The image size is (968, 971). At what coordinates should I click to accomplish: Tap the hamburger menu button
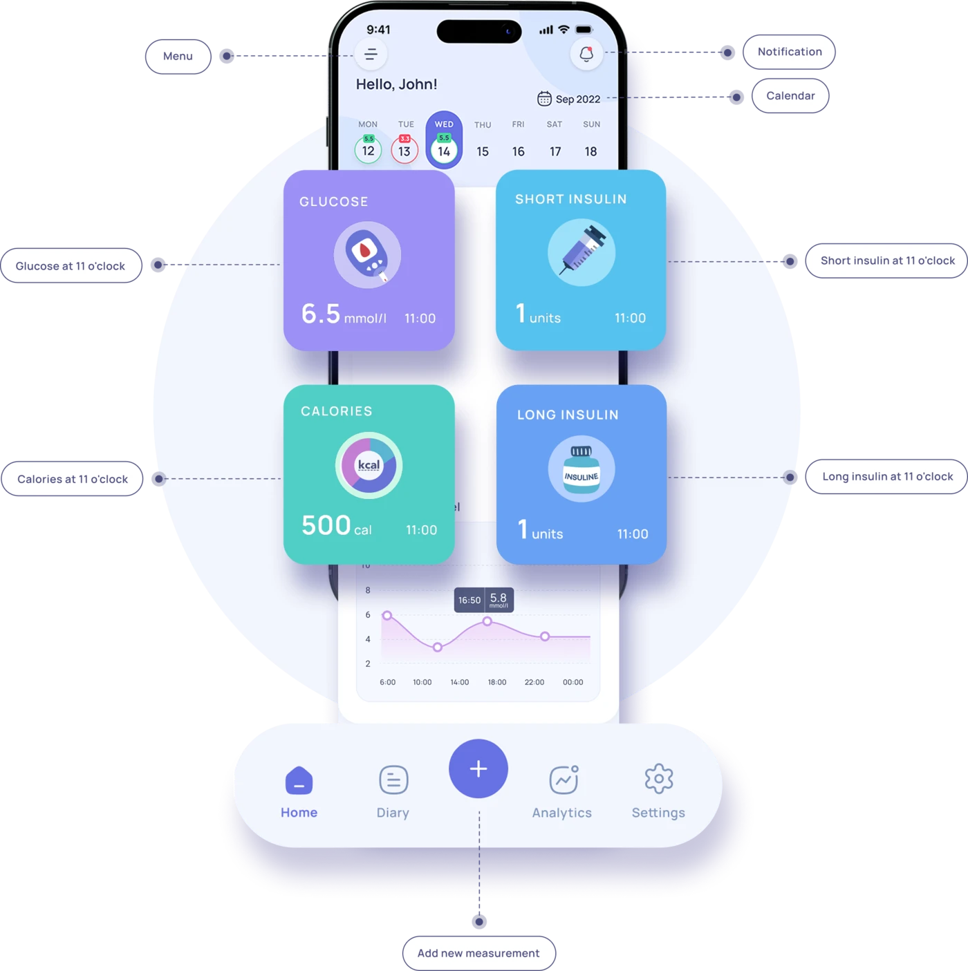(371, 55)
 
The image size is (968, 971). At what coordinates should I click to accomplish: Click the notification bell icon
(586, 54)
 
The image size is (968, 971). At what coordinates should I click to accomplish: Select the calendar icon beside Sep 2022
(544, 99)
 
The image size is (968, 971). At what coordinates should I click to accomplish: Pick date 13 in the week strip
(404, 151)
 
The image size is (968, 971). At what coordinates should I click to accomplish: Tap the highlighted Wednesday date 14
(444, 151)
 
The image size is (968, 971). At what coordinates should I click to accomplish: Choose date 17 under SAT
(555, 151)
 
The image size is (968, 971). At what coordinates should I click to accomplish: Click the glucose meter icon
(368, 255)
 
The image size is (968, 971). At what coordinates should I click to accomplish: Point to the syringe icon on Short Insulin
(581, 252)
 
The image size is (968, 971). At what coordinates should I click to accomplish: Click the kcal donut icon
(369, 466)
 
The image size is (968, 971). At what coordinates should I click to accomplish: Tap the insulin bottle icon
(581, 469)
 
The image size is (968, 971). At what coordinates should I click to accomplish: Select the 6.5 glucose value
(321, 314)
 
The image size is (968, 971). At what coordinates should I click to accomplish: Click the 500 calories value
(326, 525)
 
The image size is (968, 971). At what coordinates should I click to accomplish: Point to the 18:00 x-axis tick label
(496, 682)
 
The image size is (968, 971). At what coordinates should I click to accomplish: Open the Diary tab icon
(393, 780)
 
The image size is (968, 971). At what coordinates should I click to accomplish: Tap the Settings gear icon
(658, 780)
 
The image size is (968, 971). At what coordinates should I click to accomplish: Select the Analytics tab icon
(564, 780)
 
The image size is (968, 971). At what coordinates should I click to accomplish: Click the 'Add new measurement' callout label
(478, 953)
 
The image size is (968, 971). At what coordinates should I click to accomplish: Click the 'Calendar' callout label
(790, 96)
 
